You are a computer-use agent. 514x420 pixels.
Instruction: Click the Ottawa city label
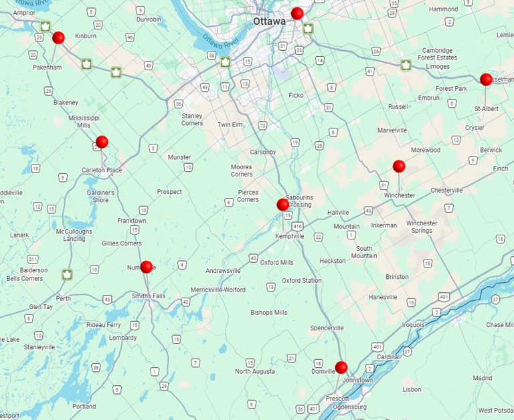coord(268,21)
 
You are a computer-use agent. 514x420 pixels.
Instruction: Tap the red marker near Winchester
coord(399,166)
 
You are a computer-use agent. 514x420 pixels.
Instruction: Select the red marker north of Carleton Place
coord(102,142)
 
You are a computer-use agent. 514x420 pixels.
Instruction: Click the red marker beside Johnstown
coord(341,367)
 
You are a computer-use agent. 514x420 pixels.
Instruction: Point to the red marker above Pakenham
coord(58,38)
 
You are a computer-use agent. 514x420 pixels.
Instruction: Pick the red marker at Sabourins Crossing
coord(282,205)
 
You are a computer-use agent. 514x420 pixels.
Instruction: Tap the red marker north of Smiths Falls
coord(147,267)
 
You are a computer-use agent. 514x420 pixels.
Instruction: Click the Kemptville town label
coord(290,236)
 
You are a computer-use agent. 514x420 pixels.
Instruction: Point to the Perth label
coord(64,298)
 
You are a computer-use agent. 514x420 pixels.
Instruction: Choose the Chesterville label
coord(446,190)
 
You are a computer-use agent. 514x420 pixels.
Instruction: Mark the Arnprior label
coord(23,12)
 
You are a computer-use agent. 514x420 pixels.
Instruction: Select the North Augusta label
coord(255,371)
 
